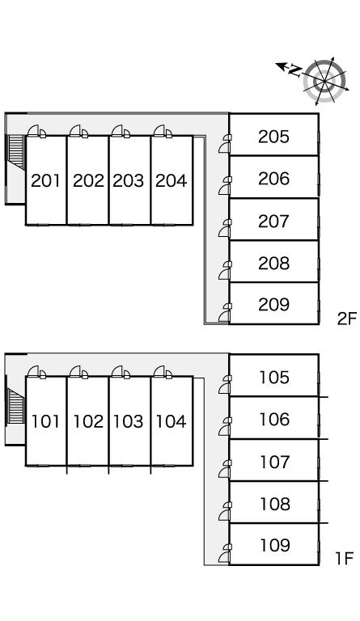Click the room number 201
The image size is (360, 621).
coord(45,180)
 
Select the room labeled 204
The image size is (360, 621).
coord(171,180)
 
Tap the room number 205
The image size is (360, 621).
coord(273,137)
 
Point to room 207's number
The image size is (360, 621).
coord(273,221)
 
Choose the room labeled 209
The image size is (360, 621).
coord(273,304)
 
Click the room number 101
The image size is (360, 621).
coord(45,421)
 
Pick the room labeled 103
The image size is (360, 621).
coord(128,421)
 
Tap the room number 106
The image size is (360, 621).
coord(274,419)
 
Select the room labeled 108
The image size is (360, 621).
coord(274,504)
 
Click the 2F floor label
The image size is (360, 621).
coord(347,319)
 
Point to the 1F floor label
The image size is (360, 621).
coord(344,559)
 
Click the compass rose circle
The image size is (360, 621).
coord(324,81)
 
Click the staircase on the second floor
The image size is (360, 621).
coord(16,152)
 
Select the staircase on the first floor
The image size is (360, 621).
coord(16,406)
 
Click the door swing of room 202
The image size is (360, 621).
coord(78,132)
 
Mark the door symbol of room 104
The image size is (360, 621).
coord(163,372)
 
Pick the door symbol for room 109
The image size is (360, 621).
coord(225,553)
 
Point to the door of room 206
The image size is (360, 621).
coord(225,186)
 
